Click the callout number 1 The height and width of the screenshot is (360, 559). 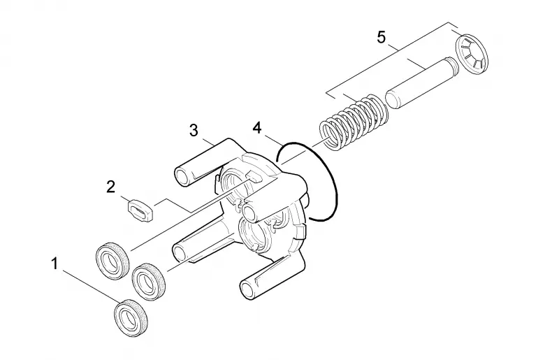[55, 264]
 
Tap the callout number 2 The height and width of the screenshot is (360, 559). [111, 187]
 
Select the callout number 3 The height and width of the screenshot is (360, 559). [194, 131]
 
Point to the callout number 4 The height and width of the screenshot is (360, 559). [257, 128]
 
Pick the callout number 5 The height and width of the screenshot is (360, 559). [382, 37]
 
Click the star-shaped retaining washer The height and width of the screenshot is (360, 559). [472, 55]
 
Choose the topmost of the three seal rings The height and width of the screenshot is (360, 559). [112, 260]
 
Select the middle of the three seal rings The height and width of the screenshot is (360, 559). [149, 282]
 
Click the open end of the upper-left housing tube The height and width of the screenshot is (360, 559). [184, 176]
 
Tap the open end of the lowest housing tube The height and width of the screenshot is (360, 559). [249, 289]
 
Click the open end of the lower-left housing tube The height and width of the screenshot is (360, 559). [180, 252]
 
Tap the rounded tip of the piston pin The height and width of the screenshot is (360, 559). [392, 99]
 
